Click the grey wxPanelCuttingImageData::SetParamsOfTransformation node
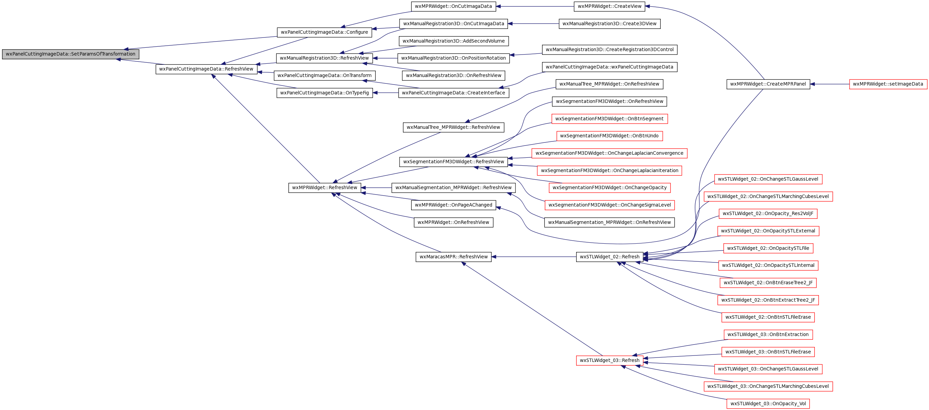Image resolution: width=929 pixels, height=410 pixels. (71, 54)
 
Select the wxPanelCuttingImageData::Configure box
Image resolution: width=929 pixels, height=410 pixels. (324, 32)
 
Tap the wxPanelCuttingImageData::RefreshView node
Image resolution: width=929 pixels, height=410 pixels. (206, 69)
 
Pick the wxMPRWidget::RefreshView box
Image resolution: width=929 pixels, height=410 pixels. (325, 187)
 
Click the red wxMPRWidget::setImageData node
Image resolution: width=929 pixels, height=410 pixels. (888, 84)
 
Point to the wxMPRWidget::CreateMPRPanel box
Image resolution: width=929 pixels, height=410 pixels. (768, 84)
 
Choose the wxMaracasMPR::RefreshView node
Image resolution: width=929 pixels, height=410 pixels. (453, 257)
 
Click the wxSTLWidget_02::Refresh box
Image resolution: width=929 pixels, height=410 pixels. (610, 257)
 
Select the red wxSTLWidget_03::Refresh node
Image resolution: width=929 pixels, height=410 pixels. (610, 360)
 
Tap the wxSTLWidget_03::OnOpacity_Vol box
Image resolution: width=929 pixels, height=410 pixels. (768, 404)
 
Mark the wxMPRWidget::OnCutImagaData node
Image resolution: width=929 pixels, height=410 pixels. (453, 6)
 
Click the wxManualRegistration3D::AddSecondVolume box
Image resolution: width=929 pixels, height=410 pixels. (454, 41)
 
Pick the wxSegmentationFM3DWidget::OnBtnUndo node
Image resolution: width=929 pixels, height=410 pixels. (610, 136)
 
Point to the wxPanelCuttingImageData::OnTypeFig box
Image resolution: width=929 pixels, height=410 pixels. (325, 93)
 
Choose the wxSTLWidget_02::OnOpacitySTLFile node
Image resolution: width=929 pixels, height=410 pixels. (768, 248)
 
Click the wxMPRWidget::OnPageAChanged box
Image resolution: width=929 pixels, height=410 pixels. (453, 205)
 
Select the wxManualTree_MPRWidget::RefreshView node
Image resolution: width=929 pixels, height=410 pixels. (453, 127)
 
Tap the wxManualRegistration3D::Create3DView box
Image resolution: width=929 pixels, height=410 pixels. (610, 24)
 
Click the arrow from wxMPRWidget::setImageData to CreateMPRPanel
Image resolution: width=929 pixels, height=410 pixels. (829, 84)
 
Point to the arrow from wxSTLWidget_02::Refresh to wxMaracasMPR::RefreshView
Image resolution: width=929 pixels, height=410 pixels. (534, 257)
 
